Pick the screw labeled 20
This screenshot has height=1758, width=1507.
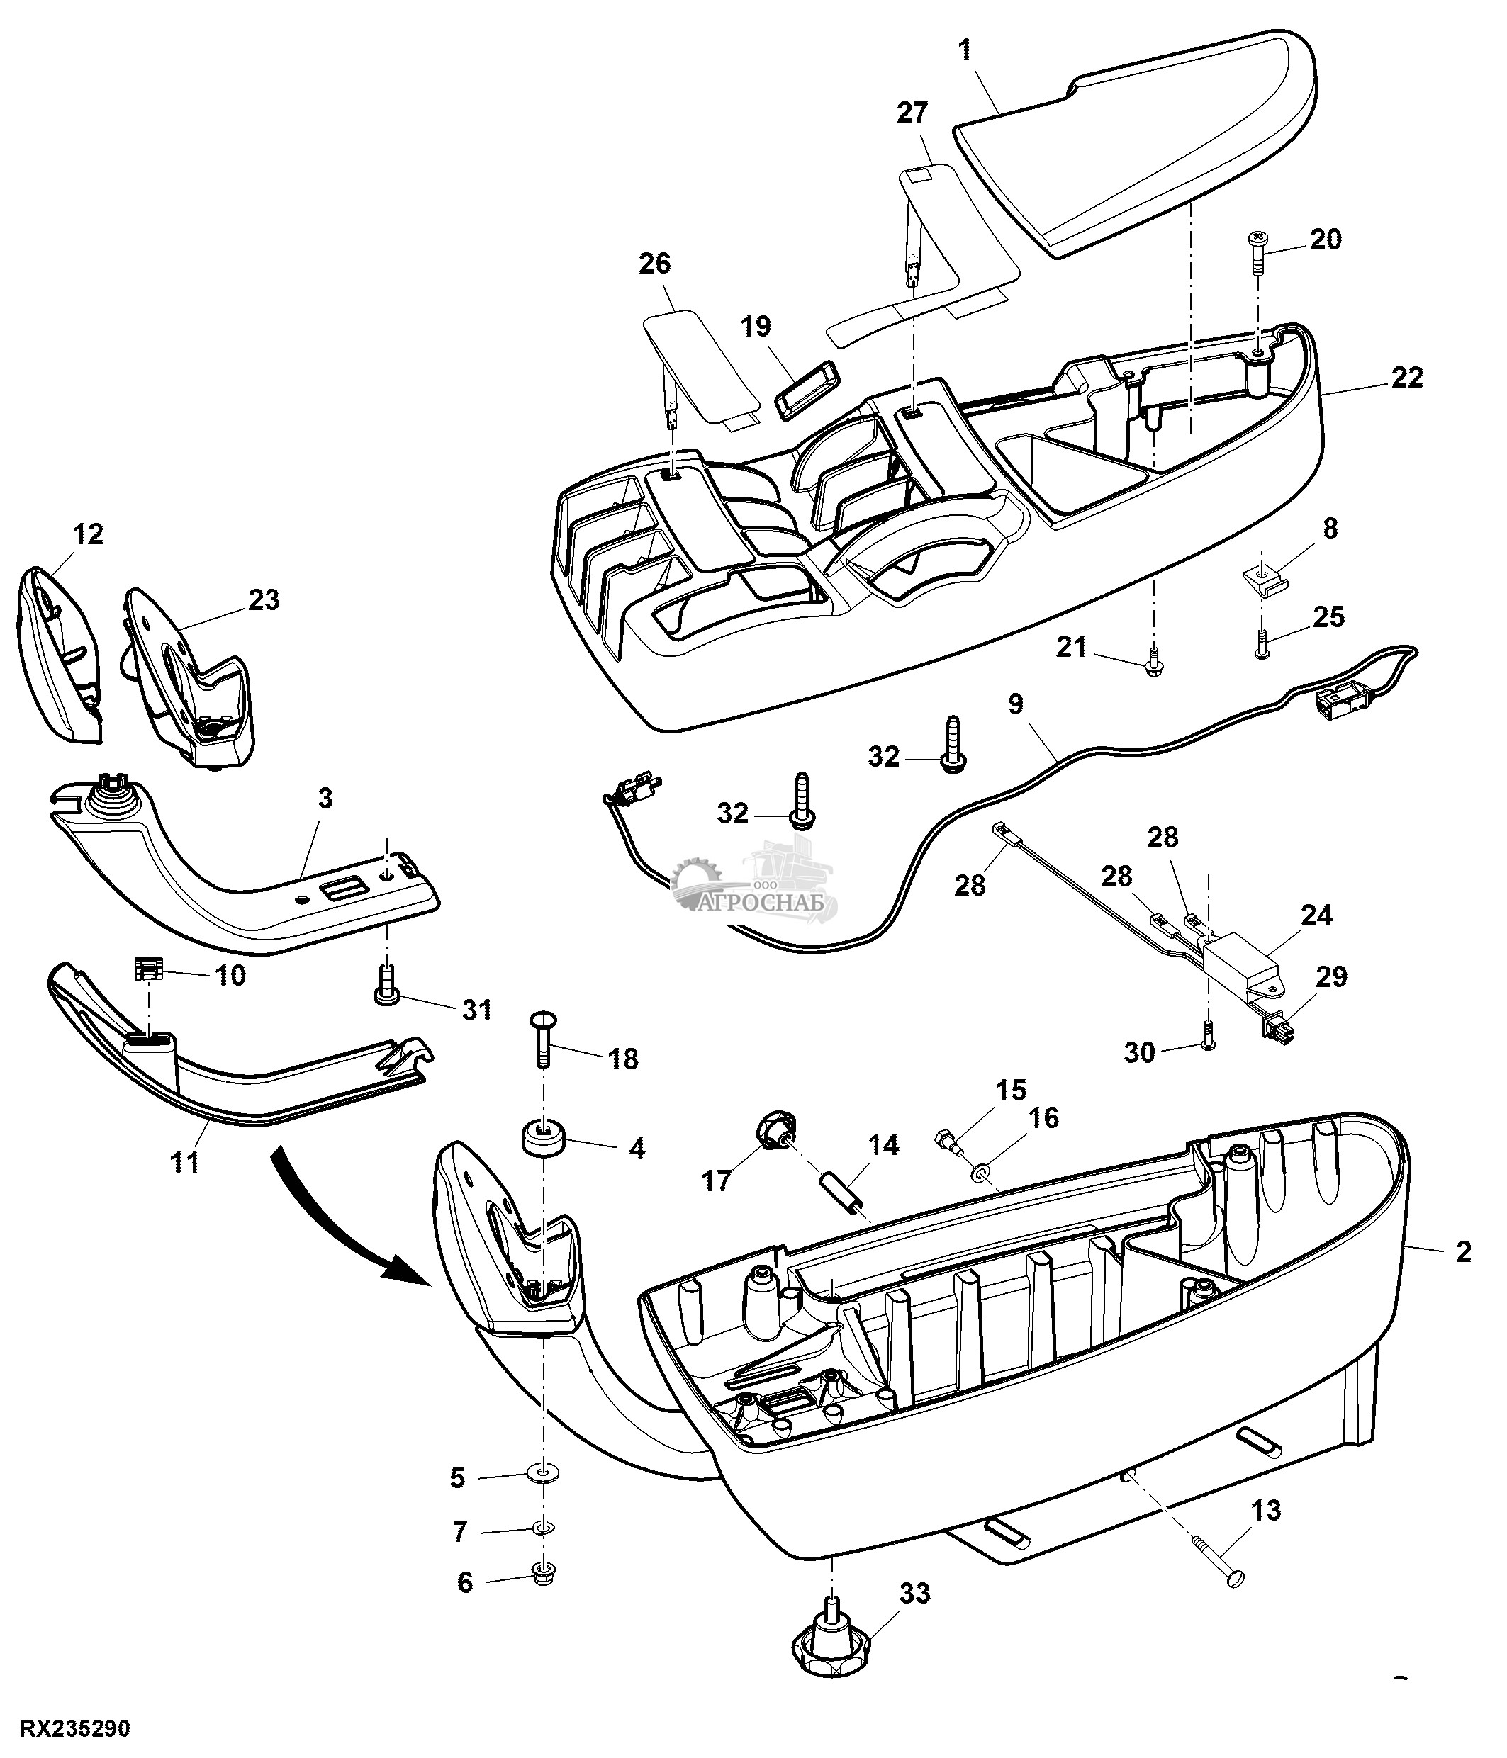click(1259, 254)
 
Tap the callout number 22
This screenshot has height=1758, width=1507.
click(1407, 378)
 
